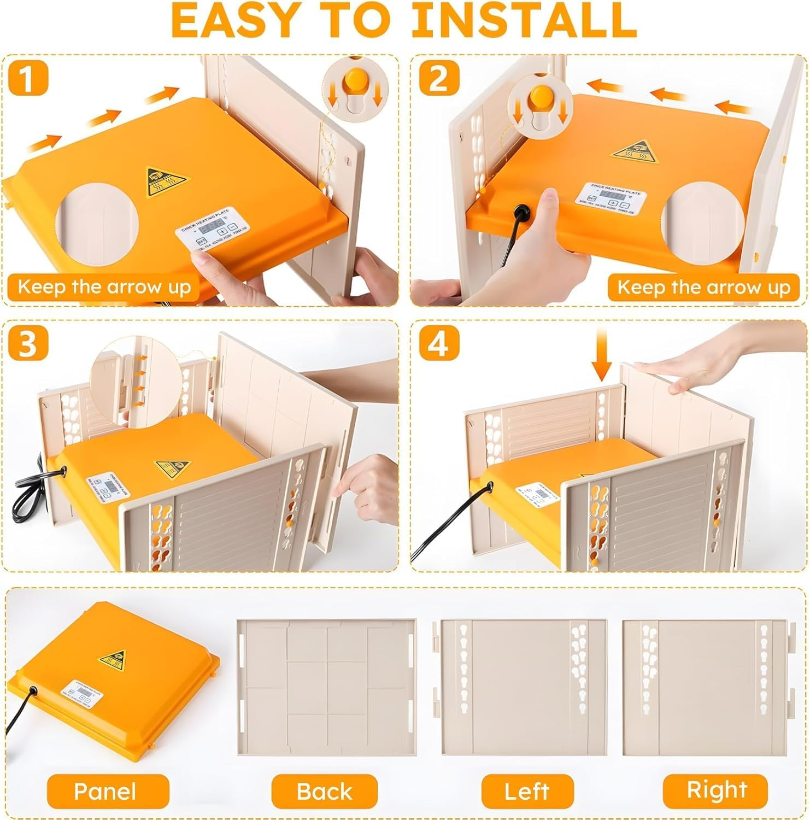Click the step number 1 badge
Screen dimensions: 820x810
28,78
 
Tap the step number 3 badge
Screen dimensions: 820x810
28,343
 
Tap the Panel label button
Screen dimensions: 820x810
105,790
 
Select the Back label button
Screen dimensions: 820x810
325,790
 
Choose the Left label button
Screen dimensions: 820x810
527,790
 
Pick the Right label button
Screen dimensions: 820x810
716,789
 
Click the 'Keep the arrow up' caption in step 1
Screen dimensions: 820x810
104,287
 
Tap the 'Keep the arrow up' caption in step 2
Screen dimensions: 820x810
703,287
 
